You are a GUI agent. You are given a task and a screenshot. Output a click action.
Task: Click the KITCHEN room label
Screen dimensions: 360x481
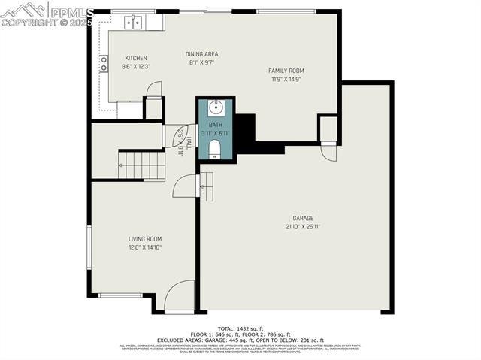pos(136,58)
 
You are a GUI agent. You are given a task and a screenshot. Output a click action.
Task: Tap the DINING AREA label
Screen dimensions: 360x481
pos(202,54)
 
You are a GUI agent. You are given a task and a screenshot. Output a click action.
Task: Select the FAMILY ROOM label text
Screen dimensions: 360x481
pos(286,71)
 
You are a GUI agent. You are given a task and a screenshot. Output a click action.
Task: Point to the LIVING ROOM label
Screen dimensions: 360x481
pos(144,238)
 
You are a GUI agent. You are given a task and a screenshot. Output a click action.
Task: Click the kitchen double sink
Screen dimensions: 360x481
pos(133,22)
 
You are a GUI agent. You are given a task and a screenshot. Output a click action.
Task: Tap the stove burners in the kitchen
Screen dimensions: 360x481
pos(104,63)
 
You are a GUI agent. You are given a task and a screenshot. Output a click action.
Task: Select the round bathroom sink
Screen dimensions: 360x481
pos(215,106)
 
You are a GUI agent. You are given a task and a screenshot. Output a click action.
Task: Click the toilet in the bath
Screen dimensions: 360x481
pos(215,147)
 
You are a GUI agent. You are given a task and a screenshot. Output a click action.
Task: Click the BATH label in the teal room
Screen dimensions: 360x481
pos(216,125)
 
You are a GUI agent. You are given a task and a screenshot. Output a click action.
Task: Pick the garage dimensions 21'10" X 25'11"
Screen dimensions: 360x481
pos(303,226)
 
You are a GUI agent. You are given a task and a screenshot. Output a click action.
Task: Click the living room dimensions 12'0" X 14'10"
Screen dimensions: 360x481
pos(144,247)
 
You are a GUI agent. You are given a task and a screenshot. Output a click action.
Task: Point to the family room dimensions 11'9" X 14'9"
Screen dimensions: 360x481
pos(286,79)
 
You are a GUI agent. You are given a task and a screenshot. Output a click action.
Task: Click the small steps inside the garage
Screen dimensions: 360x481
pos(205,182)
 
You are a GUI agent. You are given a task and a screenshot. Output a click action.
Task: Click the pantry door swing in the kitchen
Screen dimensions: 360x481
pos(153,89)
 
